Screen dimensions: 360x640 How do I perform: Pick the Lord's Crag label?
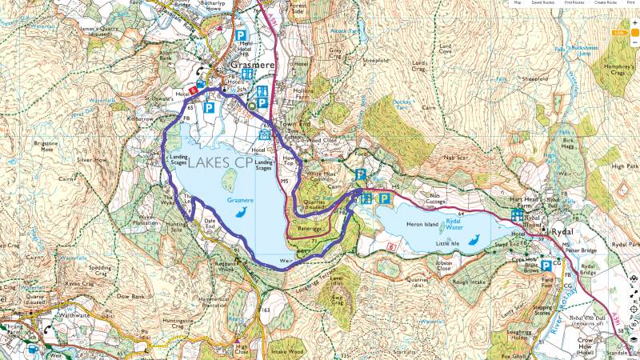click(421, 66)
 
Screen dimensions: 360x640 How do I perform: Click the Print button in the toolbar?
click(630, 3)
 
